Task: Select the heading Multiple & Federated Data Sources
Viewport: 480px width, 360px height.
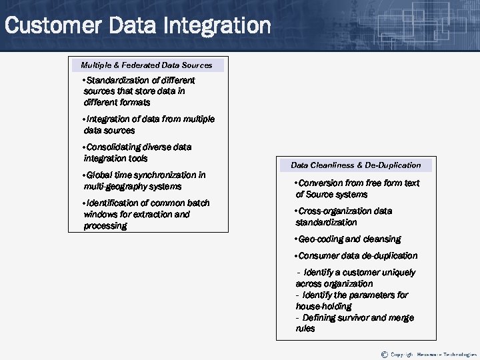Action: click(x=147, y=65)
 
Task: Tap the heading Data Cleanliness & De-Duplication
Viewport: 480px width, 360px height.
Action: click(x=355, y=165)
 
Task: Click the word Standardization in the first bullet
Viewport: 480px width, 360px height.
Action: click(x=117, y=80)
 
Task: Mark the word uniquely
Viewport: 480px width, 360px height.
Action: click(x=398, y=273)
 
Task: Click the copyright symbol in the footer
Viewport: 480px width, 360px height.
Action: click(x=384, y=353)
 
